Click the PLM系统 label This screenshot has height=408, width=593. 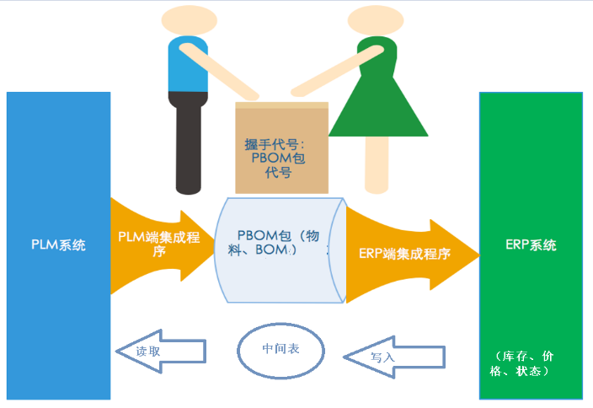click(x=57, y=245)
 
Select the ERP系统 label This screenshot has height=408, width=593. click(x=531, y=245)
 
